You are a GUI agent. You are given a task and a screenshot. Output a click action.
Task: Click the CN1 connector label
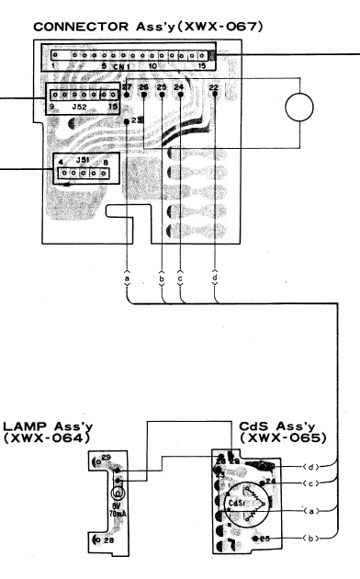pyautogui.click(x=122, y=67)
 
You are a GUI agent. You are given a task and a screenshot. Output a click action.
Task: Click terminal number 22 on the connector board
pyautogui.click(x=213, y=89)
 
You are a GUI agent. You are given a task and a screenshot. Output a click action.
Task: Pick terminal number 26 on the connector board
pyautogui.click(x=144, y=89)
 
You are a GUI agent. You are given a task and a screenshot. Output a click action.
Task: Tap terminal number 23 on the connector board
pyautogui.click(x=136, y=120)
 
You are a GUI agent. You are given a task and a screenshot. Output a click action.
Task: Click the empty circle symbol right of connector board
pyautogui.click(x=306, y=108)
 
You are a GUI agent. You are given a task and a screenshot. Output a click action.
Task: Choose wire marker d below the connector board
pyautogui.click(x=215, y=276)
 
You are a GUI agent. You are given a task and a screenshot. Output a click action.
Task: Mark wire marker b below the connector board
pyautogui.click(x=162, y=276)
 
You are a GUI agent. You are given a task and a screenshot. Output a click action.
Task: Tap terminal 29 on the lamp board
pyautogui.click(x=106, y=457)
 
